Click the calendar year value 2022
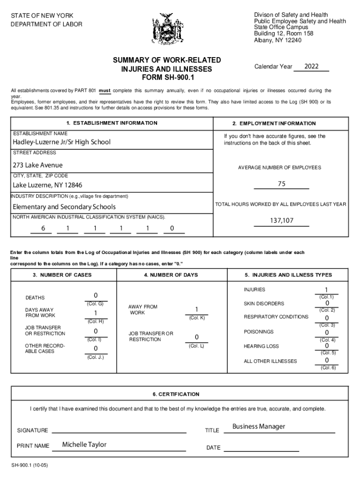coord(311,66)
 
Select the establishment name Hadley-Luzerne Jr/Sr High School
coord(62,142)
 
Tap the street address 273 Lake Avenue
coord(37,165)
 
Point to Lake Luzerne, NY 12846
coord(47,185)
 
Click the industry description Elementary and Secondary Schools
coord(64,207)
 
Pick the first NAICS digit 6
coord(43,228)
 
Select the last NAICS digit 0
coord(172,228)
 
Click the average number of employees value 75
coord(281,184)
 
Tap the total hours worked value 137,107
coord(281,220)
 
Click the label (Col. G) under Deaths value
coord(95,304)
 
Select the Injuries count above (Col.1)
coord(326,290)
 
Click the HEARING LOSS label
coord(261,346)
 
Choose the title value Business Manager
coord(259,427)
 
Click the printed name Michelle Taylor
coord(84,444)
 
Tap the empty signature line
coord(119,430)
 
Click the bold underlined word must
coord(105,90)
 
